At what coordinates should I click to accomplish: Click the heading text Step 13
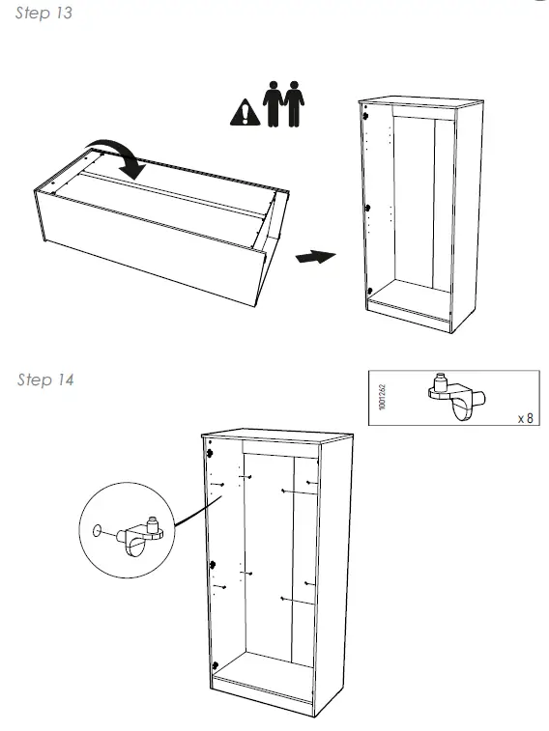click(44, 14)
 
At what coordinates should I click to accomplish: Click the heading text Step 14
click(45, 380)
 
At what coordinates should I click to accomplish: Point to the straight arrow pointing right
click(314, 258)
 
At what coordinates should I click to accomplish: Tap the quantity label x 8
click(525, 418)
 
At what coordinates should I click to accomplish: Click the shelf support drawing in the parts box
click(451, 396)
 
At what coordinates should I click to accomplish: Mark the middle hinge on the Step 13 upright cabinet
click(368, 206)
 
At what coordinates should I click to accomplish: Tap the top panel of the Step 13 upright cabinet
click(420, 101)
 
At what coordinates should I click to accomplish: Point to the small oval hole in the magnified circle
click(97, 531)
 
